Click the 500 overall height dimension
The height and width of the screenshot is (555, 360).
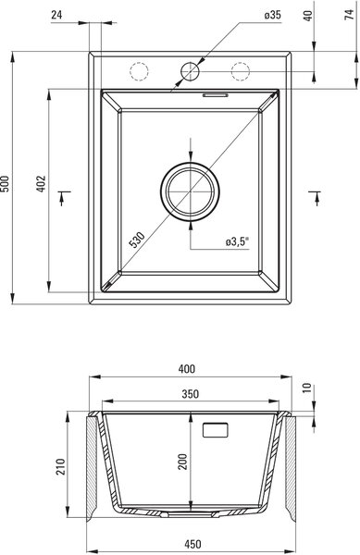[5, 183]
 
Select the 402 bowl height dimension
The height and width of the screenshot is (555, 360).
[41, 183]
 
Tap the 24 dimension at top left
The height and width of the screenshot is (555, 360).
[56, 15]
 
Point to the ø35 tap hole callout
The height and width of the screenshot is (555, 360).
[273, 15]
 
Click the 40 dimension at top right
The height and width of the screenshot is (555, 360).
[308, 16]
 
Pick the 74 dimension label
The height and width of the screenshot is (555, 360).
[350, 15]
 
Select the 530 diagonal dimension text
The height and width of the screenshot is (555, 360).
[137, 240]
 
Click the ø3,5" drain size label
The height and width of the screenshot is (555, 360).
[237, 241]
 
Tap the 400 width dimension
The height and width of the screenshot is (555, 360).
[187, 369]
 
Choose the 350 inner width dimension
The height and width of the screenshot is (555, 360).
[190, 394]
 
